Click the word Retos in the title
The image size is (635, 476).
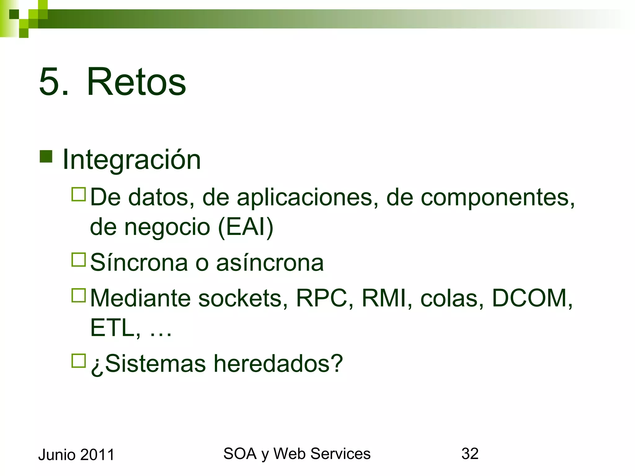coord(136,82)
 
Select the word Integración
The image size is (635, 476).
coord(132,160)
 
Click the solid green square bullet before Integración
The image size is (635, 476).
coord(46,156)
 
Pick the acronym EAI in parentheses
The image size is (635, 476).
coord(246,227)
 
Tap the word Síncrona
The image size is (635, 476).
coord(139,263)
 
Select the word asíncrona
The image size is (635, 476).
coord(270,263)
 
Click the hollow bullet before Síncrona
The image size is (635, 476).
coord(78,260)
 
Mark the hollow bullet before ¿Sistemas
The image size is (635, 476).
coord(78,361)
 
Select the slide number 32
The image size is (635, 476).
coord(470,454)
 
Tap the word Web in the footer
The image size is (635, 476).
coord(290,454)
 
